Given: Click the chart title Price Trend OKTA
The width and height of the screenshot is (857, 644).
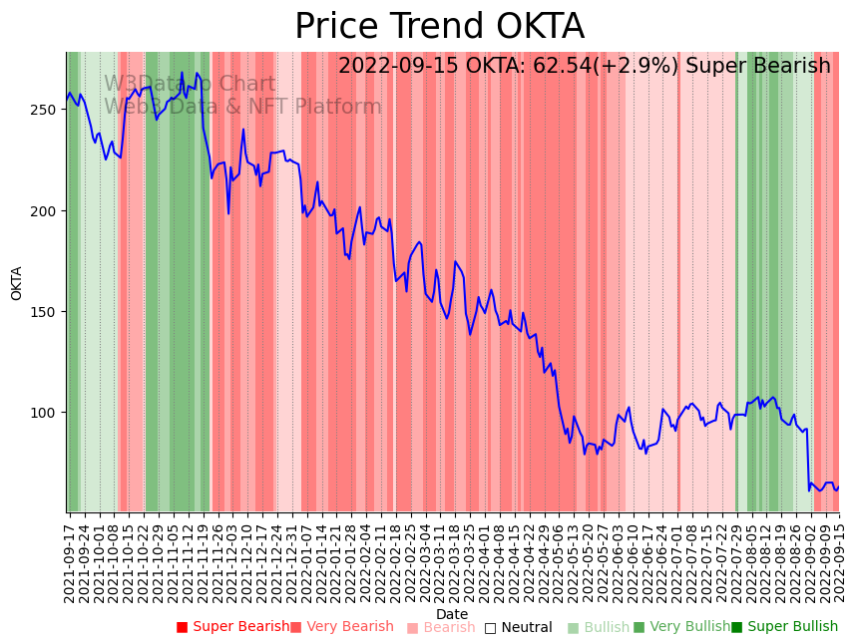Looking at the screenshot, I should pos(439,27).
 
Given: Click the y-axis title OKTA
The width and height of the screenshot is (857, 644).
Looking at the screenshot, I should pos(17,283).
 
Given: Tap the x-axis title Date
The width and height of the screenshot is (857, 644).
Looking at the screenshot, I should pos(452,614).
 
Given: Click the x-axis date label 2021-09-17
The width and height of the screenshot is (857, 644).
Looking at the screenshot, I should pos(70,562).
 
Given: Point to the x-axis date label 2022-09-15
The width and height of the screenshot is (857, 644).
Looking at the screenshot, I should pos(839,562).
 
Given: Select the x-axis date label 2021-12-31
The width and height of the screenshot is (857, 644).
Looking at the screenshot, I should pos(291,562).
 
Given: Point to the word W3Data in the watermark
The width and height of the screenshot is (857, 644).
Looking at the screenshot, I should pos(142,85).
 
